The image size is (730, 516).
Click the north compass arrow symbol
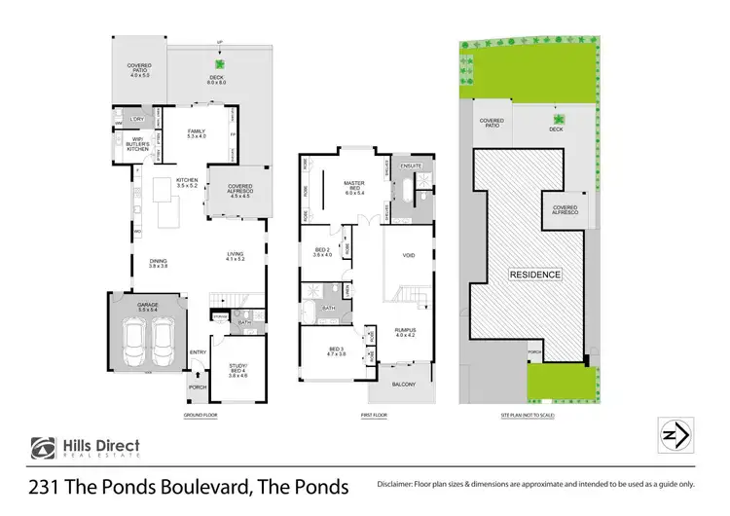pyautogui.click(x=675, y=432)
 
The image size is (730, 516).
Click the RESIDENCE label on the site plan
pyautogui.click(x=535, y=275)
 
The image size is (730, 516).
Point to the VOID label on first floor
pyautogui.click(x=408, y=257)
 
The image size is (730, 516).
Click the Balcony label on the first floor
pyautogui.click(x=404, y=385)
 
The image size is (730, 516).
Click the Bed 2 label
pyautogui.click(x=322, y=251)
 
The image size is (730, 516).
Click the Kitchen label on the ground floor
pyautogui.click(x=187, y=181)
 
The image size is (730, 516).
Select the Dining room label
pyautogui.click(x=158, y=263)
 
